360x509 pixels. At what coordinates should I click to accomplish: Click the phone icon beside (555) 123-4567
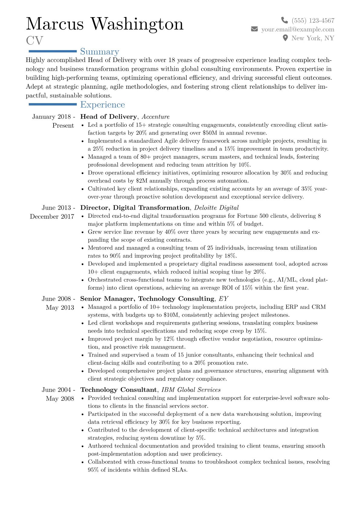284,20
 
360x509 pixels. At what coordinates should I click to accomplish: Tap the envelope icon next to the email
254,29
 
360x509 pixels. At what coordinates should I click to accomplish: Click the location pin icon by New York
285,38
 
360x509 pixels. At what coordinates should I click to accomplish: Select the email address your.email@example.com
298,29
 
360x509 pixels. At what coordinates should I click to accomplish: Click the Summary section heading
100,52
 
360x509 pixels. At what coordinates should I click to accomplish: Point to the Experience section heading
102,105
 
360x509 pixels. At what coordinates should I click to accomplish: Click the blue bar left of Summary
52,51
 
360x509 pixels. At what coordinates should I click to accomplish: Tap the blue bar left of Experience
52,104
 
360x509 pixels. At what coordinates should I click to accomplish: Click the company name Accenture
155,117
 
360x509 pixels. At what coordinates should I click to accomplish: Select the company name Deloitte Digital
216,208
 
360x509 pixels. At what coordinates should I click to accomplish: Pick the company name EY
223,299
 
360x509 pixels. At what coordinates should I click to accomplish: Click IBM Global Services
191,390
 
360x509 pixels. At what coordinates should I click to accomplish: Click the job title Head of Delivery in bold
108,117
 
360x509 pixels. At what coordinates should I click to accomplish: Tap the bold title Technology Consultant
118,390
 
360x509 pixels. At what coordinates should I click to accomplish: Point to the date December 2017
52,217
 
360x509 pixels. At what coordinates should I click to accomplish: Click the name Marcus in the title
55,24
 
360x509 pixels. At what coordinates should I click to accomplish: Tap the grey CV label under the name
34,41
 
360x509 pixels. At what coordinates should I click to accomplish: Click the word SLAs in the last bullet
179,470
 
